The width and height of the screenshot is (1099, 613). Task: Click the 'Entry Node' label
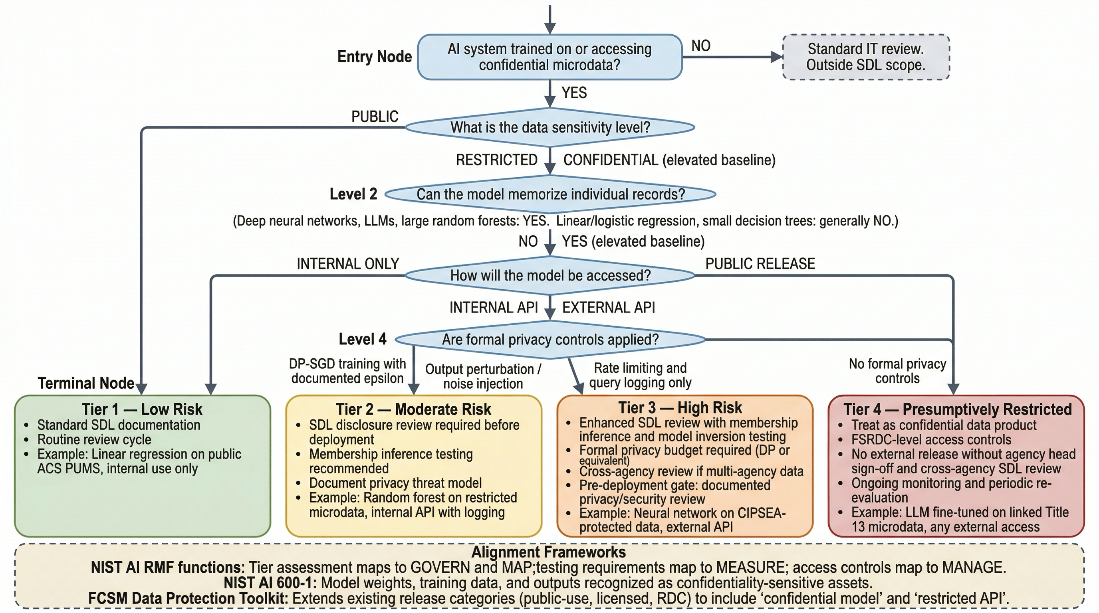[374, 57]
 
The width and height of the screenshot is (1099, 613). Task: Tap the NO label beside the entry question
[700, 45]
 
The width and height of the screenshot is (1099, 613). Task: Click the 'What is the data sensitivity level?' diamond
[549, 127]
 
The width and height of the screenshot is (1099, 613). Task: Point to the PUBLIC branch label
[375, 117]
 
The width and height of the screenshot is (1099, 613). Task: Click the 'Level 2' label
[353, 194]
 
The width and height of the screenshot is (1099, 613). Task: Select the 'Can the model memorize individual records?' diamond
[550, 194]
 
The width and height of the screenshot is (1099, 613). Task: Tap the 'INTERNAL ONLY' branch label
[348, 264]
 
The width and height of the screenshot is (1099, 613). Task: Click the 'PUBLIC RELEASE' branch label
[760, 264]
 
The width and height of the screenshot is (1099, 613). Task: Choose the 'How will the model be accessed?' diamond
[550, 275]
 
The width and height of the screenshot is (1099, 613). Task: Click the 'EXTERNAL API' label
[608, 307]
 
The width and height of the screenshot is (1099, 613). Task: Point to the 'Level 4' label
[362, 339]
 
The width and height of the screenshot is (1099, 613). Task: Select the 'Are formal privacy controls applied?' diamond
[550, 339]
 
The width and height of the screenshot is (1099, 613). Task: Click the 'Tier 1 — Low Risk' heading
[142, 409]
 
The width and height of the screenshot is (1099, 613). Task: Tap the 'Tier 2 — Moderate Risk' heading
[413, 409]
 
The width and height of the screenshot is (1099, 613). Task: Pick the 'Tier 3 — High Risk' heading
[680, 407]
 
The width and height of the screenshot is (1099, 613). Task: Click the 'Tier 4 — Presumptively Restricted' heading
[957, 409]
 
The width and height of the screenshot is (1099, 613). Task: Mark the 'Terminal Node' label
[86, 383]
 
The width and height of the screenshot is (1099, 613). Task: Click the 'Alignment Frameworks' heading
[549, 552]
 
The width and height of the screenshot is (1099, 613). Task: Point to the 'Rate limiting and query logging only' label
[640, 375]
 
